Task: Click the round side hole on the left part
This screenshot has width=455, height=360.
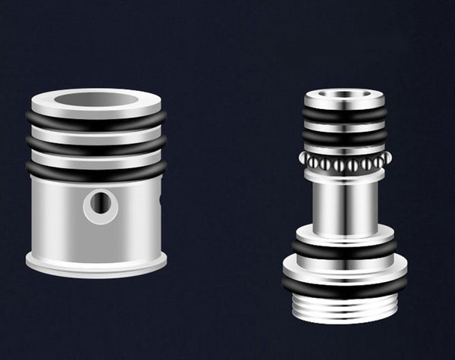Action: tap(101, 203)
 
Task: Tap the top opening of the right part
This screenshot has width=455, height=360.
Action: tap(344, 95)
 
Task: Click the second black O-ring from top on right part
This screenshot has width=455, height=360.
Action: tap(344, 139)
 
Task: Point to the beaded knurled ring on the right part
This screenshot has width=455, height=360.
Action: tap(344, 161)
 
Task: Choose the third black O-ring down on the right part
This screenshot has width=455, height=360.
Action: tap(344, 249)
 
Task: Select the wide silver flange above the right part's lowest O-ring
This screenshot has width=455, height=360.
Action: tap(344, 268)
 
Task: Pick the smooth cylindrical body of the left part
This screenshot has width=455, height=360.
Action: tap(61, 216)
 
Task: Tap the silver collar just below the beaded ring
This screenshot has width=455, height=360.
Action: tap(344, 175)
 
